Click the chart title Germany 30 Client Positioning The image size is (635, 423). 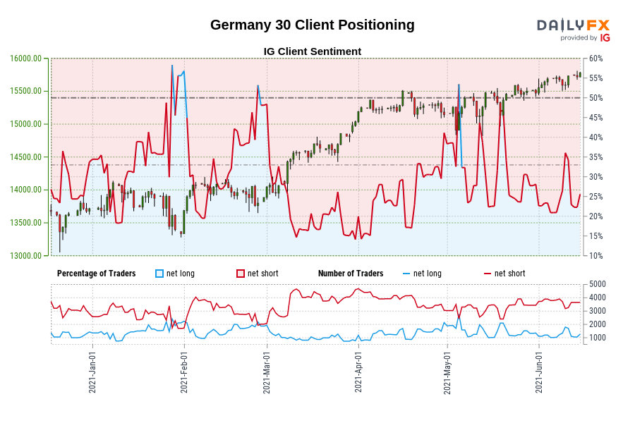[312, 25]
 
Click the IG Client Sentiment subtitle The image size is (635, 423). [312, 51]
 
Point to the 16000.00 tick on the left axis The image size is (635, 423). [25, 59]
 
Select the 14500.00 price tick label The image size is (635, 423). [25, 157]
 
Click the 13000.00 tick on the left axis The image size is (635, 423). [25, 256]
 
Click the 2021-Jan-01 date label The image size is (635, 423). [92, 373]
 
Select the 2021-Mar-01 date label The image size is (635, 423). [267, 373]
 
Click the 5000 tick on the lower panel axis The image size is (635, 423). [597, 284]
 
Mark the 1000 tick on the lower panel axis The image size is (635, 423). [597, 338]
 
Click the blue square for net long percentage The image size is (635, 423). [159, 274]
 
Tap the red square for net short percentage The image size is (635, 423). [241, 274]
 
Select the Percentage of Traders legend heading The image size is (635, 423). [96, 274]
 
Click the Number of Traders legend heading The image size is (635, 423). [351, 274]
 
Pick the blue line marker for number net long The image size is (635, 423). [406, 274]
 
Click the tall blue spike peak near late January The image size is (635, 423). [171, 66]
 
